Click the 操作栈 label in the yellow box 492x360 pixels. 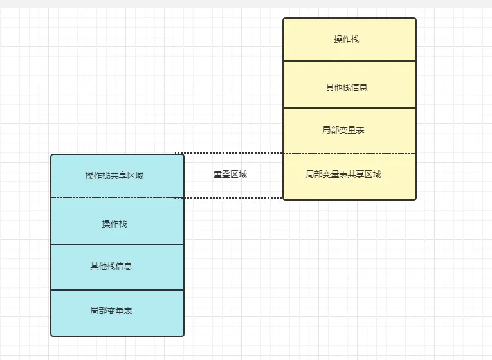347,39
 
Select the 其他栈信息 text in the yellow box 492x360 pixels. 347,87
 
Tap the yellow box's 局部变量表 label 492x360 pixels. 343,130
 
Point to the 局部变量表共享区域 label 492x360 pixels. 343,174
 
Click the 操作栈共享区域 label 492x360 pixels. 114,175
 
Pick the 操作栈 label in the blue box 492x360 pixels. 114,224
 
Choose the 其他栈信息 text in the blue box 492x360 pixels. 111,266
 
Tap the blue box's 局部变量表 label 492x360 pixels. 111,310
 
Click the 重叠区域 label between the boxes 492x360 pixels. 230,174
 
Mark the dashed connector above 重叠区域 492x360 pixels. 229,153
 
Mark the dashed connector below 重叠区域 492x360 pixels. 229,198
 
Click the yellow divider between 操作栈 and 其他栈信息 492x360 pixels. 350,61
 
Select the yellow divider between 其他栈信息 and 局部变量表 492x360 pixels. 350,108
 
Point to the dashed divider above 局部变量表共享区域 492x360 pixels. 350,154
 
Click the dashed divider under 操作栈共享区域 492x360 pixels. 117,197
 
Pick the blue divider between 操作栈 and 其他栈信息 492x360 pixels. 117,244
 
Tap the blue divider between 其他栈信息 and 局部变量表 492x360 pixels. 117,290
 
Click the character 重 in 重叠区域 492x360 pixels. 217,174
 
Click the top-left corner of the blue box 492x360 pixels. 51,154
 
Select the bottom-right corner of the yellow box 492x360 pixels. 415,199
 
